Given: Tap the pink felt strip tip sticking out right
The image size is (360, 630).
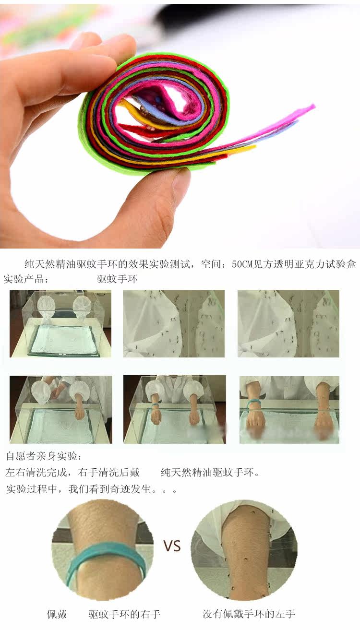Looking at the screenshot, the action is tap(311, 107).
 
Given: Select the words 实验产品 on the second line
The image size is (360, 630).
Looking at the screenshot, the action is tap(24, 279).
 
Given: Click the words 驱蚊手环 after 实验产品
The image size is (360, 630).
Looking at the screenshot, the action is tap(117, 279).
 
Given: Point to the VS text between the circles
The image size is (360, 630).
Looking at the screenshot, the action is tap(172, 546).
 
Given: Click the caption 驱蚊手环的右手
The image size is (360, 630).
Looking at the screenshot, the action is tap(124, 614).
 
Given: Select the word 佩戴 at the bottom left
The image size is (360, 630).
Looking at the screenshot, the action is tap(57, 614).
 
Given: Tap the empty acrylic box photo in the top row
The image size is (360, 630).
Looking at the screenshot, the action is tap(60, 324).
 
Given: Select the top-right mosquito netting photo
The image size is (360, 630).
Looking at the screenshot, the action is tap(288, 324).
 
